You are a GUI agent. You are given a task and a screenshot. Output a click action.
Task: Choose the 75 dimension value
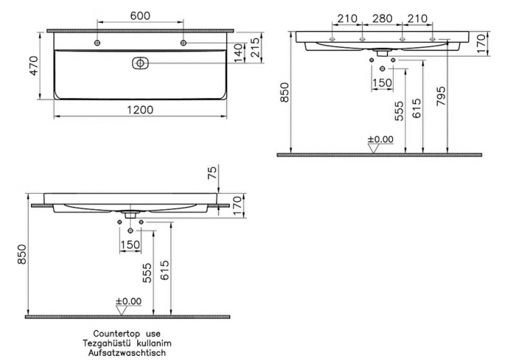coord(214,172)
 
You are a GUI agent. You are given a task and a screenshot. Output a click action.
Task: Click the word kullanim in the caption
coord(156,343)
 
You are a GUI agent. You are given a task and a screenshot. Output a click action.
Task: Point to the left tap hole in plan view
coord(98,44)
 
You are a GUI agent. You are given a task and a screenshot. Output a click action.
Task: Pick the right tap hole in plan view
coord(184,44)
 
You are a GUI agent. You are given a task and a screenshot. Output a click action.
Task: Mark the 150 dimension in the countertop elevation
coord(130,245)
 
